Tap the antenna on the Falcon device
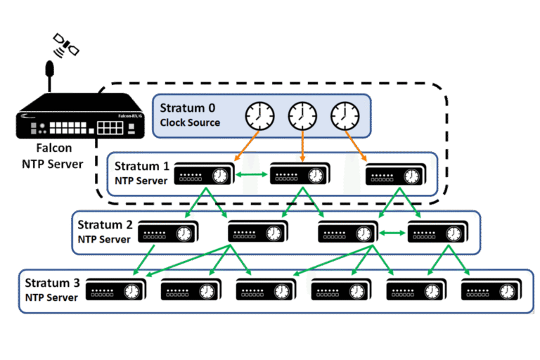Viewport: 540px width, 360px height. (50, 75)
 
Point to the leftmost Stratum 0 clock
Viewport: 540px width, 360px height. (259, 115)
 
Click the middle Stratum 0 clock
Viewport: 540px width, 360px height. (302, 115)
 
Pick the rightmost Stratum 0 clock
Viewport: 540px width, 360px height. (344, 115)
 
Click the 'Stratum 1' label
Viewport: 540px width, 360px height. (141, 167)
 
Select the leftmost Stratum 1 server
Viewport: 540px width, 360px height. (202, 174)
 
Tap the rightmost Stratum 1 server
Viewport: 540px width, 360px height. (393, 174)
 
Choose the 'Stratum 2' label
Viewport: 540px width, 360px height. (105, 225)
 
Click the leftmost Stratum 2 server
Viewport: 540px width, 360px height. (167, 232)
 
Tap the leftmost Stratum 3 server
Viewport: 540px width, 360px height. (115, 290)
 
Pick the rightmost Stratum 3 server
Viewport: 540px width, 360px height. (491, 290)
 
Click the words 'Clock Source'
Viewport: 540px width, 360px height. (190, 122)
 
